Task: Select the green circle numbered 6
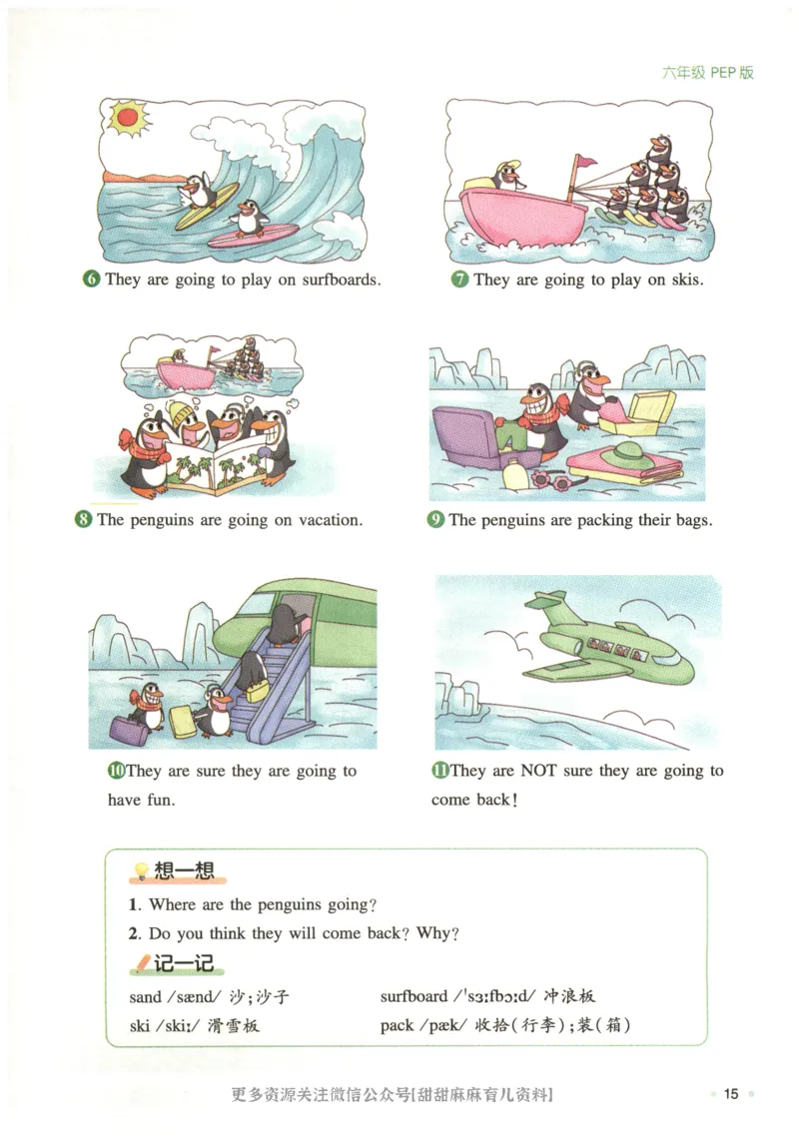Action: click(x=91, y=280)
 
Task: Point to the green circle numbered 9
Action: click(x=435, y=520)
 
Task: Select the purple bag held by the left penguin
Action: click(x=129, y=731)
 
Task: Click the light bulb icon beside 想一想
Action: click(x=142, y=872)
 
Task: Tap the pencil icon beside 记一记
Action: click(x=141, y=963)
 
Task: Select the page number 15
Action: click(x=731, y=1094)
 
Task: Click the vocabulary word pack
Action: click(x=397, y=1025)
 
